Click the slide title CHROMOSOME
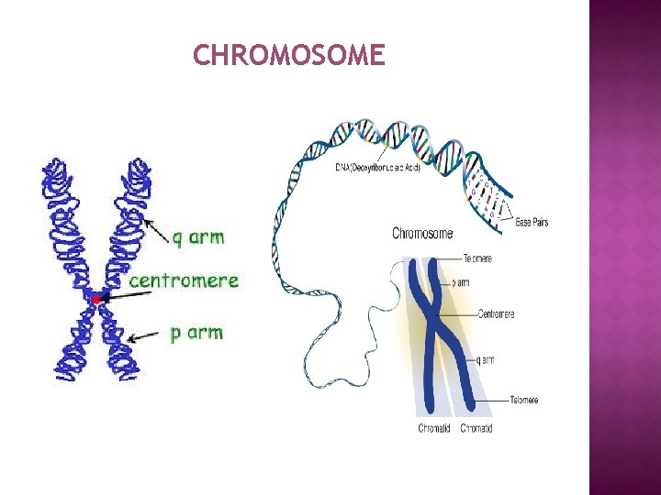288,56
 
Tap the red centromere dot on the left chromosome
95,298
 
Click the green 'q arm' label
197,236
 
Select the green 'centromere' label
184,280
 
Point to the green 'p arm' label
196,332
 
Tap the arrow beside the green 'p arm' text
145,336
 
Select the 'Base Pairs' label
532,222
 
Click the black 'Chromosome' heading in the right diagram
422,234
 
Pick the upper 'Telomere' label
477,258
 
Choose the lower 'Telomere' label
524,400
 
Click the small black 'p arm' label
461,283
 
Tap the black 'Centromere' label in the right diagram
497,314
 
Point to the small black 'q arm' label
486,360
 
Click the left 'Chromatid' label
434,428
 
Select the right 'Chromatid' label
476,428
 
